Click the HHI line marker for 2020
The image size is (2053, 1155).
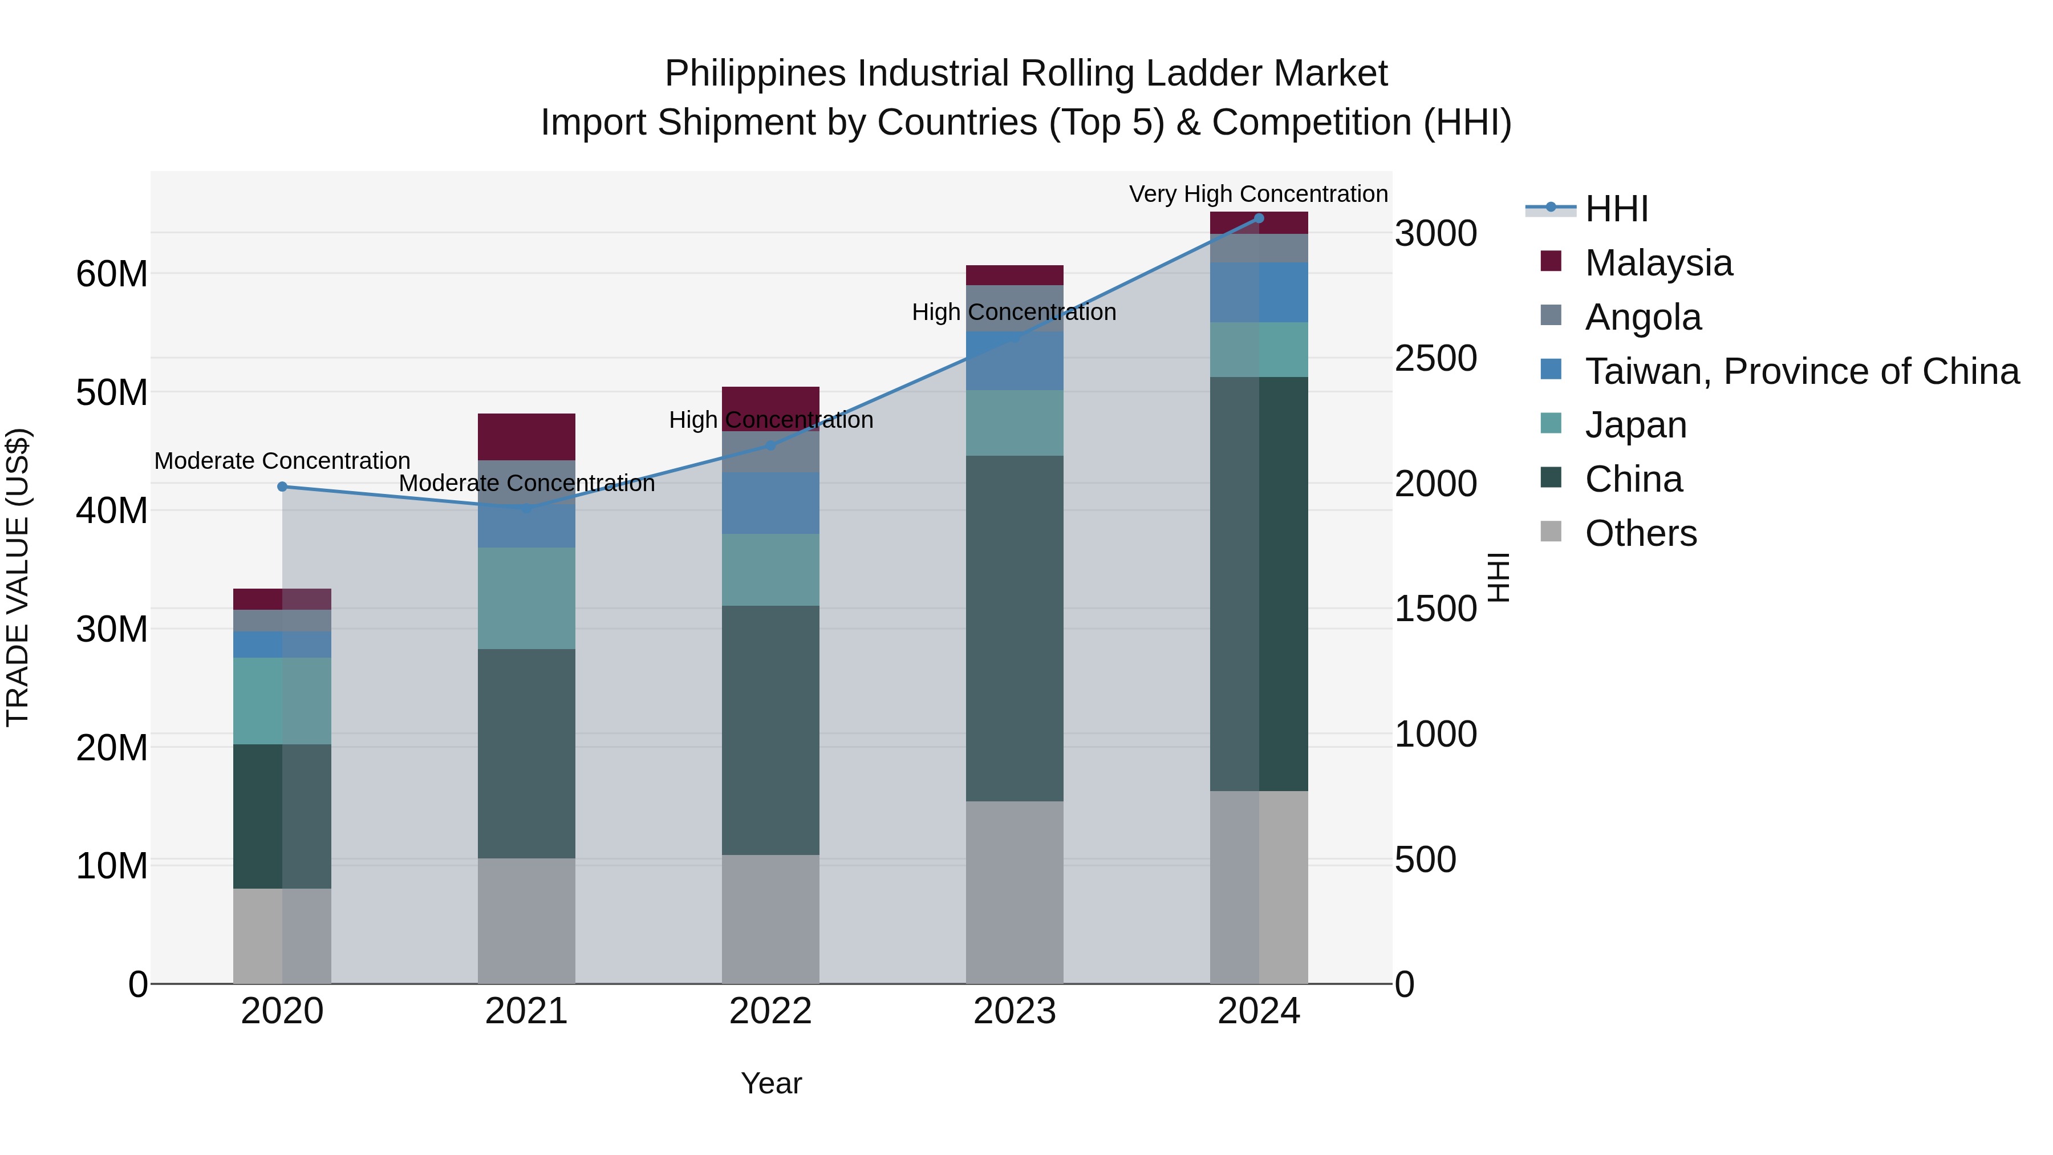point(282,486)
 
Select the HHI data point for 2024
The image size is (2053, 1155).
point(1259,218)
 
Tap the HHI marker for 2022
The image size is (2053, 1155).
point(770,445)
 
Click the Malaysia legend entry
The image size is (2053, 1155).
point(1658,263)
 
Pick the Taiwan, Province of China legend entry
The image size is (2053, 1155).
point(1801,371)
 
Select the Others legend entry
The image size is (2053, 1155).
point(1640,533)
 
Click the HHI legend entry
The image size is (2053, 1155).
point(1616,209)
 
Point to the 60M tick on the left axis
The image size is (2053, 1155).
point(112,274)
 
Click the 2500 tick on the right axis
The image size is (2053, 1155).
point(1435,359)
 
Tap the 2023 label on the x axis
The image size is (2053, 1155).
point(1015,1011)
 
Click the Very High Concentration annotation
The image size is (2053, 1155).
point(1259,194)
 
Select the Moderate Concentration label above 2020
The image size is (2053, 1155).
point(282,461)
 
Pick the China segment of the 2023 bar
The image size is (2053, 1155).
point(1015,628)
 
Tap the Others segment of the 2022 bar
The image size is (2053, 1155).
point(770,919)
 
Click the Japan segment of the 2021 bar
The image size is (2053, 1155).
point(526,598)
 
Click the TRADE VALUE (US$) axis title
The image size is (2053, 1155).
point(18,577)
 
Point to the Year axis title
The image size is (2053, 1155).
point(770,1083)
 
